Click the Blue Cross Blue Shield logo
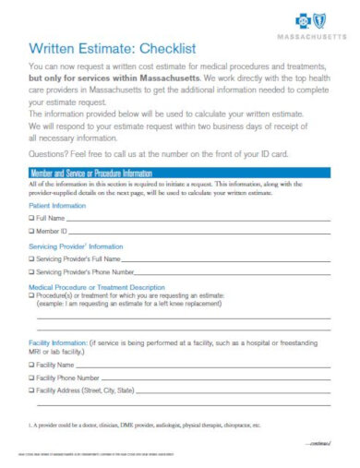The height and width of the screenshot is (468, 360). (313, 19)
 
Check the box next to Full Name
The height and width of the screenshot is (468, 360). (32, 218)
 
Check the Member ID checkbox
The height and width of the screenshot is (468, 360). (32, 231)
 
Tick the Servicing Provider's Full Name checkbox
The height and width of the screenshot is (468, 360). (32, 259)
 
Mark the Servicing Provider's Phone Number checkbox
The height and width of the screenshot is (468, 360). (32, 272)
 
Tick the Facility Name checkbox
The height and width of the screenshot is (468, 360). (32, 366)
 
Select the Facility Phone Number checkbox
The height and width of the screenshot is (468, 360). (32, 378)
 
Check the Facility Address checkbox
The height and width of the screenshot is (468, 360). (32, 390)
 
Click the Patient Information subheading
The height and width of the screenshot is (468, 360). (58, 205)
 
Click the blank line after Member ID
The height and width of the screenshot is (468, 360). (203, 232)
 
